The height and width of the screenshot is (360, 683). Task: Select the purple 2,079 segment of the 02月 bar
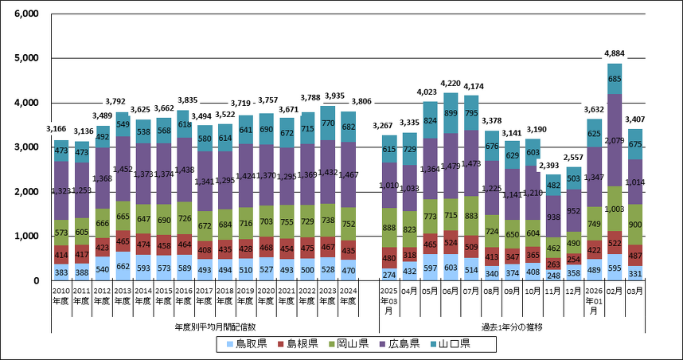click(614, 140)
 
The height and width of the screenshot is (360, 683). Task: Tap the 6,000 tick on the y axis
click(27, 14)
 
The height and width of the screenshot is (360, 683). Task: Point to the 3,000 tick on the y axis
click(27, 147)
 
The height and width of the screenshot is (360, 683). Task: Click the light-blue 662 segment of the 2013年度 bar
click(121, 266)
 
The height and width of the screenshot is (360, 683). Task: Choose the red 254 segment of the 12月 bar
click(573, 259)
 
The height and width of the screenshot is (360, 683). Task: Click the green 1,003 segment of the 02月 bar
click(614, 209)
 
